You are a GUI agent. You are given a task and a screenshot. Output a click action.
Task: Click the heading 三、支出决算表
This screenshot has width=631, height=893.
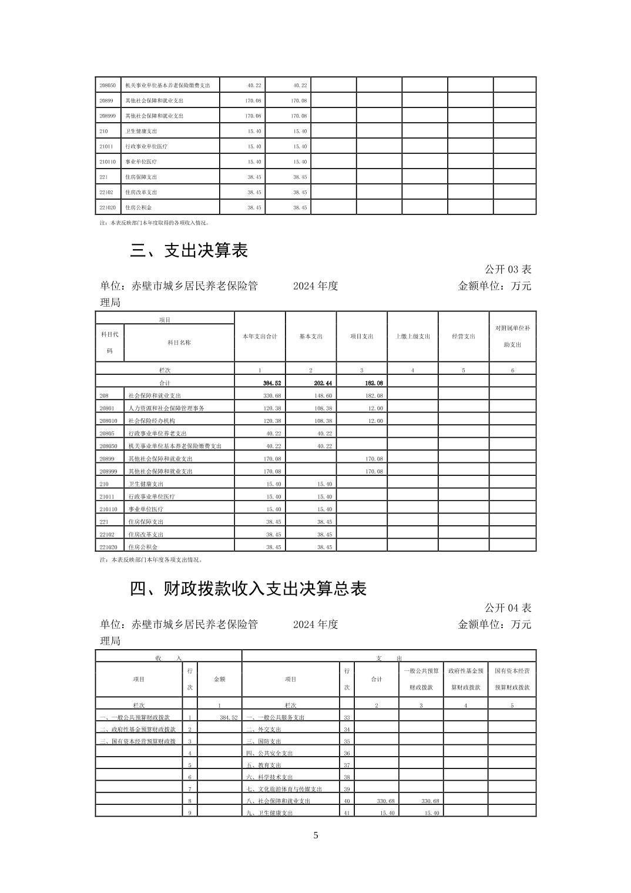[x=189, y=251]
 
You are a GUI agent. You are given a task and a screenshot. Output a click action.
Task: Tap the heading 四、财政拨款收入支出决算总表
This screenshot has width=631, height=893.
[x=248, y=589]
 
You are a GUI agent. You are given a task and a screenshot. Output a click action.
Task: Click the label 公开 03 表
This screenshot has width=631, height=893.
[x=508, y=270]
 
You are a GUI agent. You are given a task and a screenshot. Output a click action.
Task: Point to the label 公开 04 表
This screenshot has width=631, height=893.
[x=508, y=607]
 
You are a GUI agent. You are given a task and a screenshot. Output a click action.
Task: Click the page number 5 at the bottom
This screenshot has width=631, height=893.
[x=315, y=835]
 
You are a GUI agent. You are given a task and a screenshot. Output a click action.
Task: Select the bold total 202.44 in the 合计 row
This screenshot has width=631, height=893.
[x=323, y=383]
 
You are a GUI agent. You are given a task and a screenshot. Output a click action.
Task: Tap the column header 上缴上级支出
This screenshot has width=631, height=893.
[x=412, y=337]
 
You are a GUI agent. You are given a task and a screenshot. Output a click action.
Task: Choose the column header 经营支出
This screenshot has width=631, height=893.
[x=463, y=337]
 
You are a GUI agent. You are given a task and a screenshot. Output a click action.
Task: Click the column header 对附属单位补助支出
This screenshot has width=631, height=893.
[x=512, y=336]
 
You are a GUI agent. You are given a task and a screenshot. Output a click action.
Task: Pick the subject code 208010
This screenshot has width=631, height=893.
[x=108, y=421]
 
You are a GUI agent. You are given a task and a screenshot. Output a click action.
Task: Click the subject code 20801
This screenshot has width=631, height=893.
[x=106, y=408]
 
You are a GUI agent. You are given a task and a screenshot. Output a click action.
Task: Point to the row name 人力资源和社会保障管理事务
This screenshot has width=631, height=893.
[x=166, y=408]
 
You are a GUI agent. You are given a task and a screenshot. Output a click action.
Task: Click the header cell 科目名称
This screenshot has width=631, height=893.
[x=179, y=343]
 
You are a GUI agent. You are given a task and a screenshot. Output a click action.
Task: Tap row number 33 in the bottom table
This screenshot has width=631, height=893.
[x=347, y=717]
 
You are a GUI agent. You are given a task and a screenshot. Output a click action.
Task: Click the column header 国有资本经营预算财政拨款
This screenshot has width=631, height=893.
[x=512, y=679]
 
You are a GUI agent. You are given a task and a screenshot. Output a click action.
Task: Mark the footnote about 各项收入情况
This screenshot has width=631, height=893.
[x=155, y=223]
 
